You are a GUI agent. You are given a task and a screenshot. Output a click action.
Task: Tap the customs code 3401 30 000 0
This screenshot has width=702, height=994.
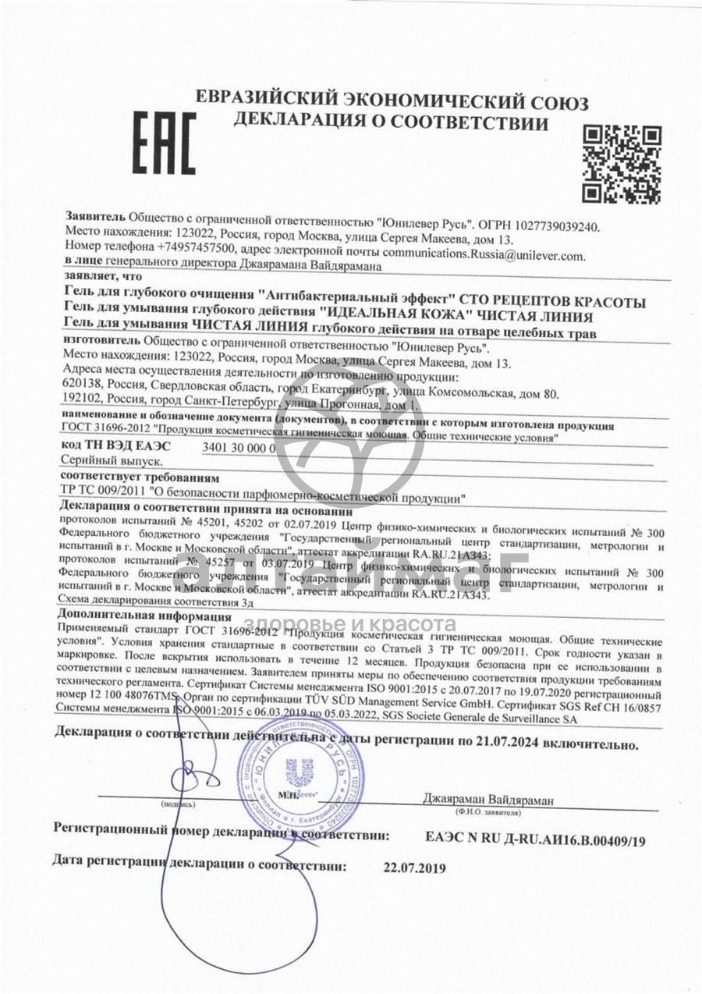coord(239,448)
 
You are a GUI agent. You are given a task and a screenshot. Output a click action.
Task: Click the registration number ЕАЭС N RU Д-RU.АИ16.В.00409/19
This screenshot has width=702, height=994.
coord(536,840)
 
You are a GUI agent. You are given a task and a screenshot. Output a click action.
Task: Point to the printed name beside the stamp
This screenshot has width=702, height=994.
coord(487,800)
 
